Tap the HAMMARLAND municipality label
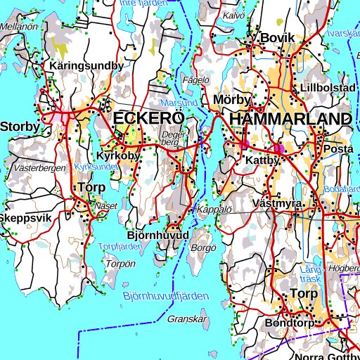pyautogui.click(x=290, y=118)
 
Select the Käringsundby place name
pyautogui.click(x=87, y=65)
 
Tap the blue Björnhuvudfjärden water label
pyautogui.click(x=165, y=297)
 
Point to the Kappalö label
pyautogui.click(x=214, y=210)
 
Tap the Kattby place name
pyautogui.click(x=263, y=161)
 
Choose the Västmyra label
pyautogui.click(x=277, y=204)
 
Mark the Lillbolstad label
pyautogui.click(x=327, y=88)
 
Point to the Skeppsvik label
pyautogui.click(x=26, y=218)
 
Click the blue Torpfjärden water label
pyautogui.click(x=116, y=247)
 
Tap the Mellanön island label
pyautogui.click(x=19, y=26)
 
